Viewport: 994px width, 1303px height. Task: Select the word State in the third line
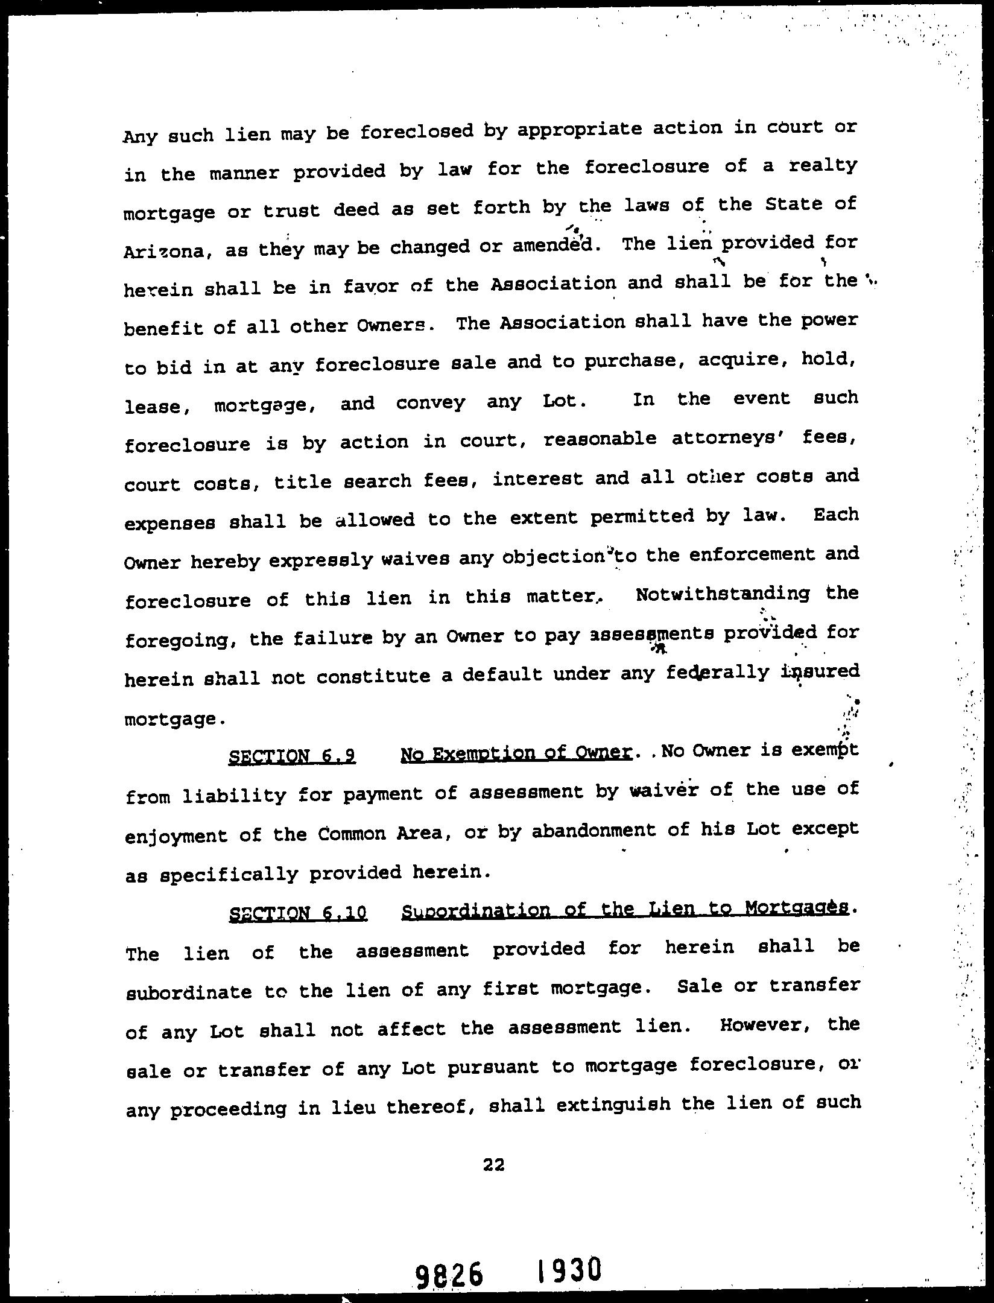tap(793, 204)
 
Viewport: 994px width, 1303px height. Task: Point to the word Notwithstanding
tap(723, 594)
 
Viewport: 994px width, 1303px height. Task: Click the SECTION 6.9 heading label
tap(292, 756)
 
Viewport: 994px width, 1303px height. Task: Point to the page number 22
tap(493, 1165)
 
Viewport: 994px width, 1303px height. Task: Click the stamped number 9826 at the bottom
tap(449, 1276)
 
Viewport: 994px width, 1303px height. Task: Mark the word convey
tap(430, 402)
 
